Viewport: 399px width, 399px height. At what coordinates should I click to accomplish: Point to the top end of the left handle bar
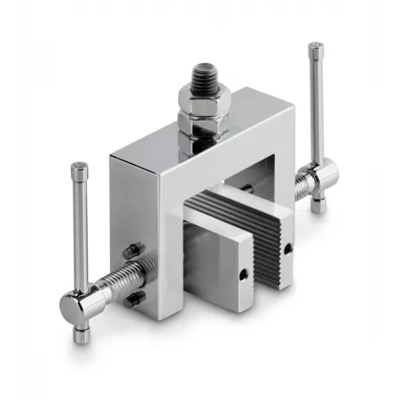[x=80, y=168]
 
